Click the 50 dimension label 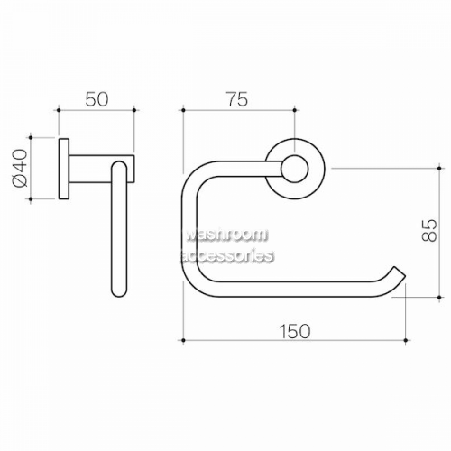pos(97,99)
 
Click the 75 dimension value pos(237,99)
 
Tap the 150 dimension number pos(294,331)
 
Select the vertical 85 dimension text pos(428,230)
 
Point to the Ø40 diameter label pos(20,168)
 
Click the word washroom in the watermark pos(226,235)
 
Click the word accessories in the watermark pos(226,256)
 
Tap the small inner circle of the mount pos(295,170)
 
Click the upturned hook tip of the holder pos(399,272)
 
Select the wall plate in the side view pos(64,169)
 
